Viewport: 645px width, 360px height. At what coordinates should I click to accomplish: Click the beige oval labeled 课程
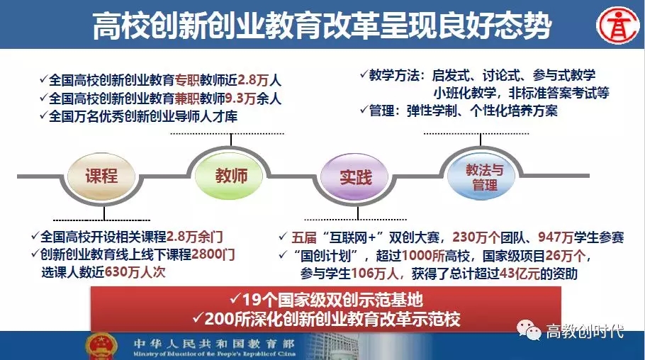101,176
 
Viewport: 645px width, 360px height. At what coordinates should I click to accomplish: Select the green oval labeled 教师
230,176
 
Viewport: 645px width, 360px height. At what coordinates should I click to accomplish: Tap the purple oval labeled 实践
354,177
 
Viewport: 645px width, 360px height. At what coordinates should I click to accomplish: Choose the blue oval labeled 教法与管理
482,177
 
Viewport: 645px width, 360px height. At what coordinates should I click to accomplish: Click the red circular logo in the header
618,26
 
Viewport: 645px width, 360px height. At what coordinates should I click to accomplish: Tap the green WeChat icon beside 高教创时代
529,330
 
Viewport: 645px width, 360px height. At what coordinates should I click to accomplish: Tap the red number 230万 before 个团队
470,237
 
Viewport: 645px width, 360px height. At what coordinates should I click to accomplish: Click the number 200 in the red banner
219,319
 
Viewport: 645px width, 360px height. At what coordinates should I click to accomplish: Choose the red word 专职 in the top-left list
187,80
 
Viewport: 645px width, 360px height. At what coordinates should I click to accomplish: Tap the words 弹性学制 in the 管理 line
432,111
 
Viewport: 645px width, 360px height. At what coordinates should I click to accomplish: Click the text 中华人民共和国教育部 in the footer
214,343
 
